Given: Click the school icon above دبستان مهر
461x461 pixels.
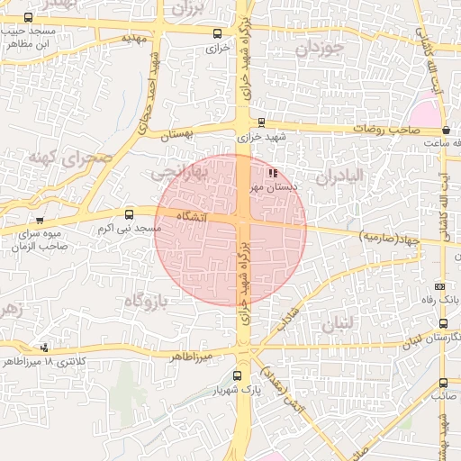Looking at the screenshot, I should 273,173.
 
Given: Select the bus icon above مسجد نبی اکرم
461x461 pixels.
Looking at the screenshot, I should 130,214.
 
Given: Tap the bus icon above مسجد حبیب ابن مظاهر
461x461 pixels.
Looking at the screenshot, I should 29,17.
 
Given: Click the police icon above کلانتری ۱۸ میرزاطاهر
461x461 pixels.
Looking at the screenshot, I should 45,348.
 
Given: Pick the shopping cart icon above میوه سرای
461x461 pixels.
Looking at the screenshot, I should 39,220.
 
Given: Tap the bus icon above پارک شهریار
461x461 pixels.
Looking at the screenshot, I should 238,376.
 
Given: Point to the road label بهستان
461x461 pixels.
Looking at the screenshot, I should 177,134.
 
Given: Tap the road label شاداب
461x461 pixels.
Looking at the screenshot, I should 288,321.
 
